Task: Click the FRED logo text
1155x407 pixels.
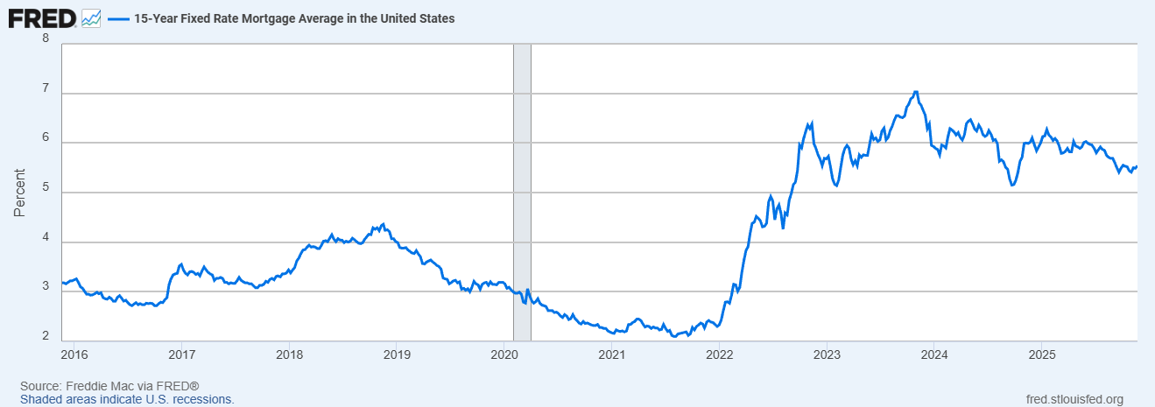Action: click(42, 17)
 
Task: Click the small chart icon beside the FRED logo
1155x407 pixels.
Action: click(91, 18)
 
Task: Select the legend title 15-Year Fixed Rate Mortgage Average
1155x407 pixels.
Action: click(293, 18)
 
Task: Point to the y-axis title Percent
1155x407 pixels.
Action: click(19, 192)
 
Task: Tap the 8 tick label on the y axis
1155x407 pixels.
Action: click(46, 39)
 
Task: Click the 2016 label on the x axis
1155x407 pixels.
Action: click(74, 354)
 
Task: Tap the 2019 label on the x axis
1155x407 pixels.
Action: click(397, 354)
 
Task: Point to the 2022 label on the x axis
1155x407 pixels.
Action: click(719, 354)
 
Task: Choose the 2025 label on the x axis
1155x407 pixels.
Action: click(1041, 354)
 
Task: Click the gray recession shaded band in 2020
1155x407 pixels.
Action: click(522, 192)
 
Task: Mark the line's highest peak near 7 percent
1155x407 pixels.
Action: click(915, 92)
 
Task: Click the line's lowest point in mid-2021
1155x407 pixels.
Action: click(673, 336)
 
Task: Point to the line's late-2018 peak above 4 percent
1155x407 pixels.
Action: click(384, 225)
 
